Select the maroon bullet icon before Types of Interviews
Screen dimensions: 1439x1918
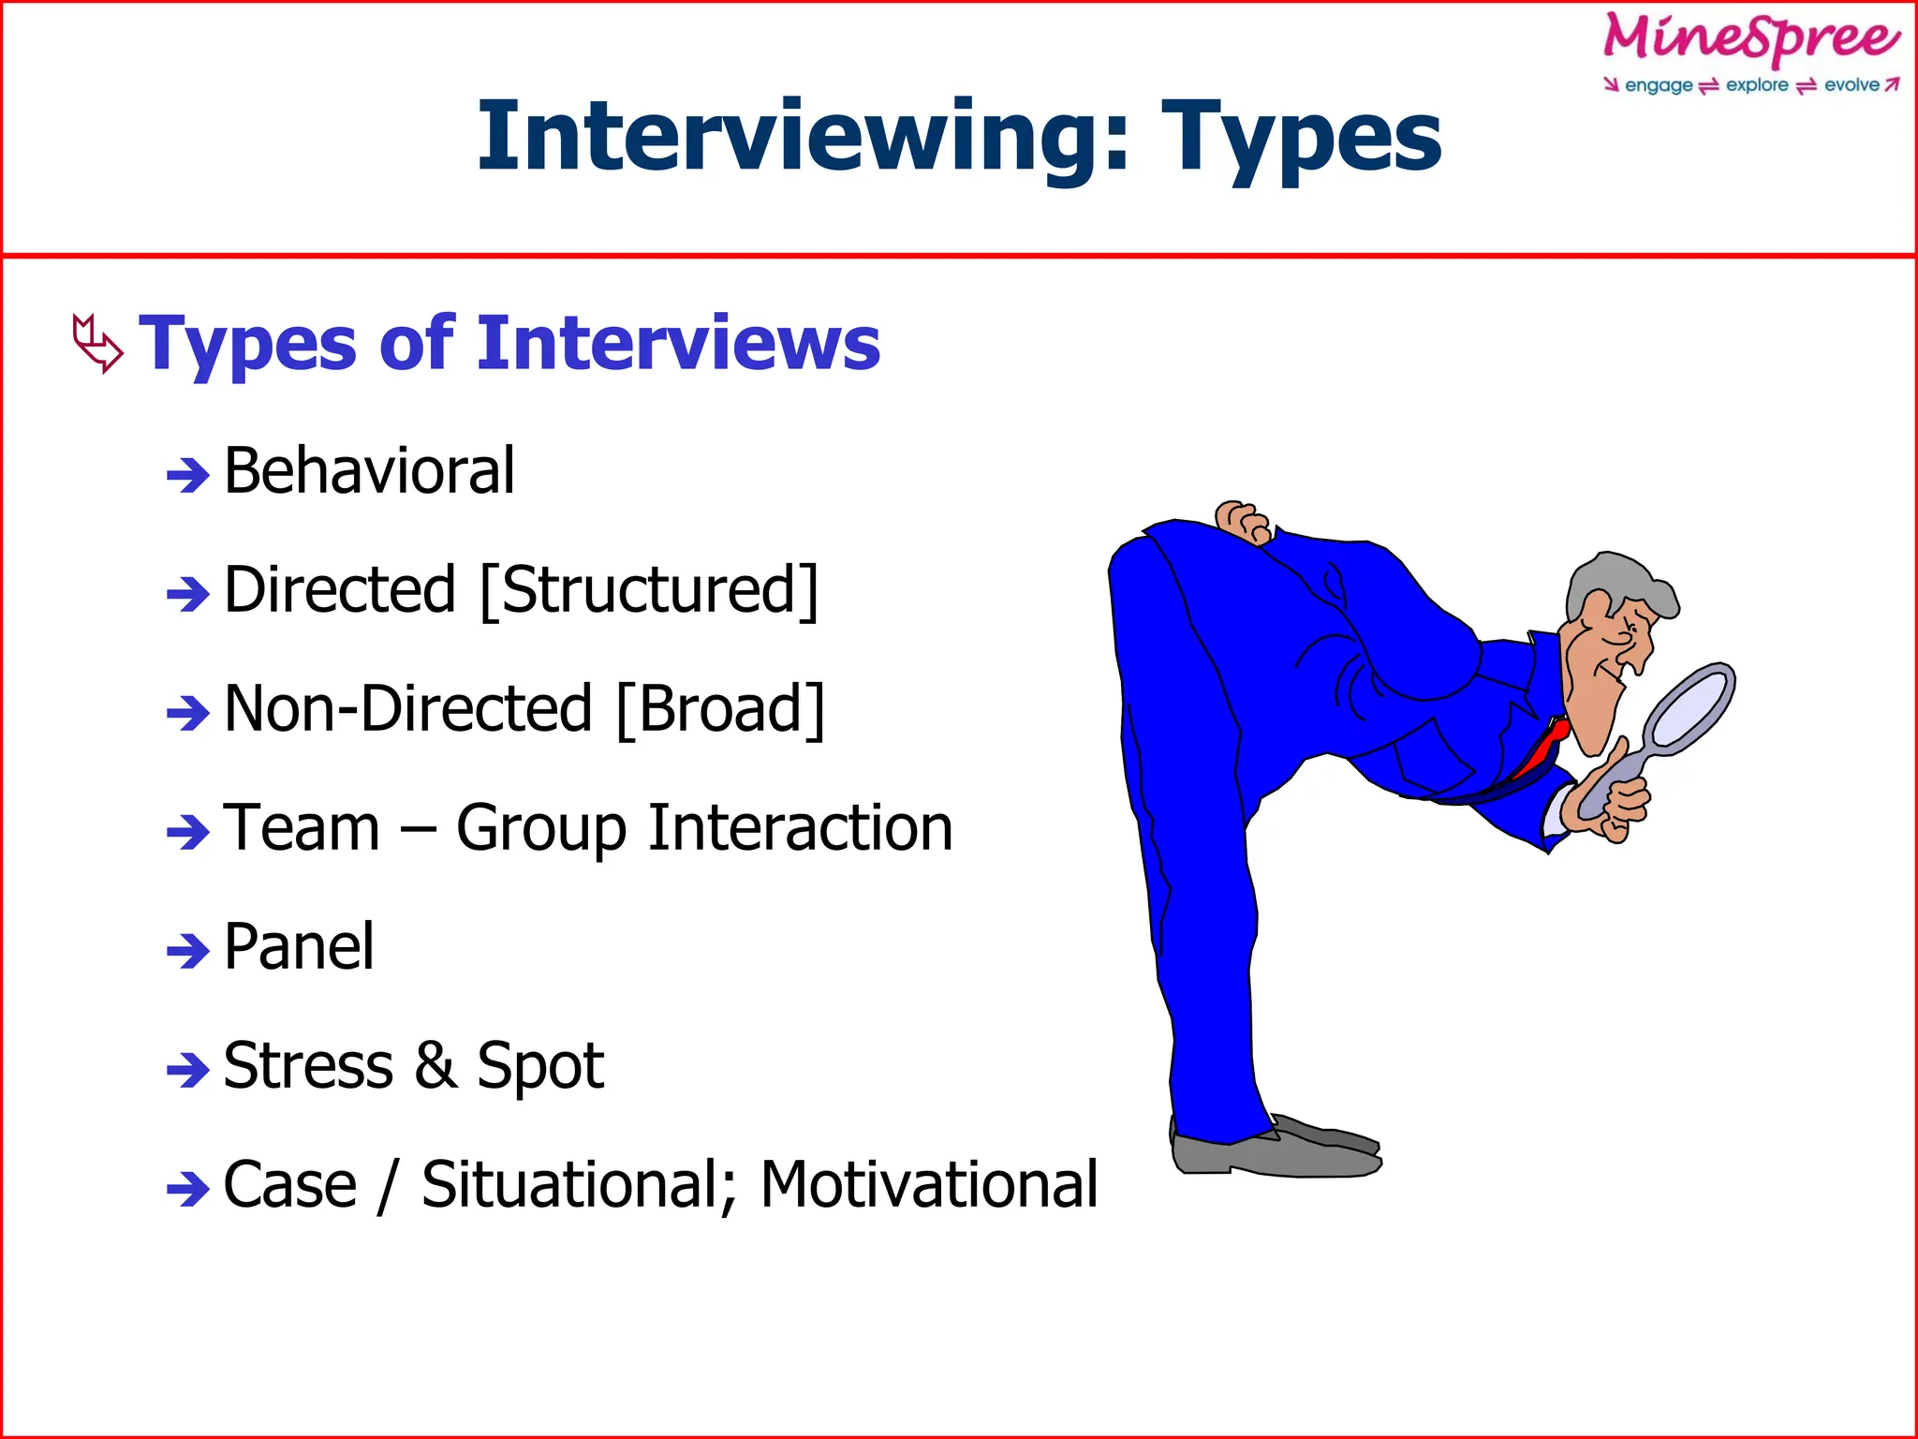tap(97, 344)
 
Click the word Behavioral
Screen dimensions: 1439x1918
tap(369, 470)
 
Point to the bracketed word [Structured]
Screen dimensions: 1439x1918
tap(649, 590)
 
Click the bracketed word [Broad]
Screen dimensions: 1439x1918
tap(721, 709)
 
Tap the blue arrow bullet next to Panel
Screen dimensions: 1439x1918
tap(187, 951)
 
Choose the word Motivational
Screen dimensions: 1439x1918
tap(928, 1184)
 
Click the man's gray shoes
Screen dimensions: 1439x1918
tap(1274, 1151)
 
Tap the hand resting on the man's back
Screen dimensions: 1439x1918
tap(1243, 521)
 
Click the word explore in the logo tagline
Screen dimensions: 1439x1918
tap(1757, 85)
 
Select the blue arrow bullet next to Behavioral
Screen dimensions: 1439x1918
tap(187, 475)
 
